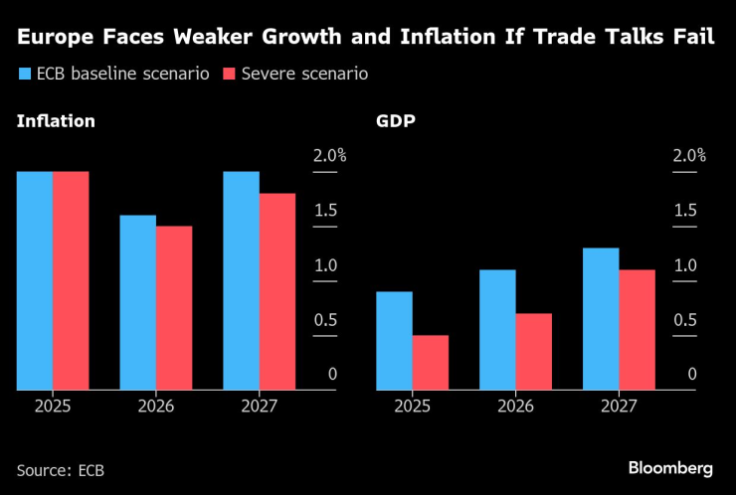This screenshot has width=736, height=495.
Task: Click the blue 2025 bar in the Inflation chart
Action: point(35,280)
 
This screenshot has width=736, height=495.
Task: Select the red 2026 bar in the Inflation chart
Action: point(174,308)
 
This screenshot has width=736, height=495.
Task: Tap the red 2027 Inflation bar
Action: point(277,291)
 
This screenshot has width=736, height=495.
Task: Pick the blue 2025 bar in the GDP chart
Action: point(394,340)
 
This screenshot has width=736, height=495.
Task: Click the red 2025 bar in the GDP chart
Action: point(431,362)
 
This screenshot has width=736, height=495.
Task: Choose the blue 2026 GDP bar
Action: point(497,329)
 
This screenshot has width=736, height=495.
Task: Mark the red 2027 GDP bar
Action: point(638,329)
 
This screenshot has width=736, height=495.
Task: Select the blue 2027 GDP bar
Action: point(601,318)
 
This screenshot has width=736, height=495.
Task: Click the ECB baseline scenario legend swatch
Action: point(24,74)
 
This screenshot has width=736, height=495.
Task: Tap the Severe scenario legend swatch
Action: point(229,74)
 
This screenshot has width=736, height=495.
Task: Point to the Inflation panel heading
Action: point(56,122)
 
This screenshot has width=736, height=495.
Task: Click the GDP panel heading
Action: point(396,122)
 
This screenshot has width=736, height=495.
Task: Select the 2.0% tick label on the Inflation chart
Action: point(329,156)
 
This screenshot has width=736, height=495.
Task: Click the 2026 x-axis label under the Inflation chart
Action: point(156,407)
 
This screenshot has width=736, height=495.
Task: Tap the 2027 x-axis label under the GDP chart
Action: point(619,407)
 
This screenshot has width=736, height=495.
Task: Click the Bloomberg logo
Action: point(670,467)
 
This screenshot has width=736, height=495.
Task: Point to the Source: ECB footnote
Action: point(60,469)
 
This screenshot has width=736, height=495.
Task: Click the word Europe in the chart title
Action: point(59,38)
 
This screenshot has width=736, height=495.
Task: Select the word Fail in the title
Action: point(696,38)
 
